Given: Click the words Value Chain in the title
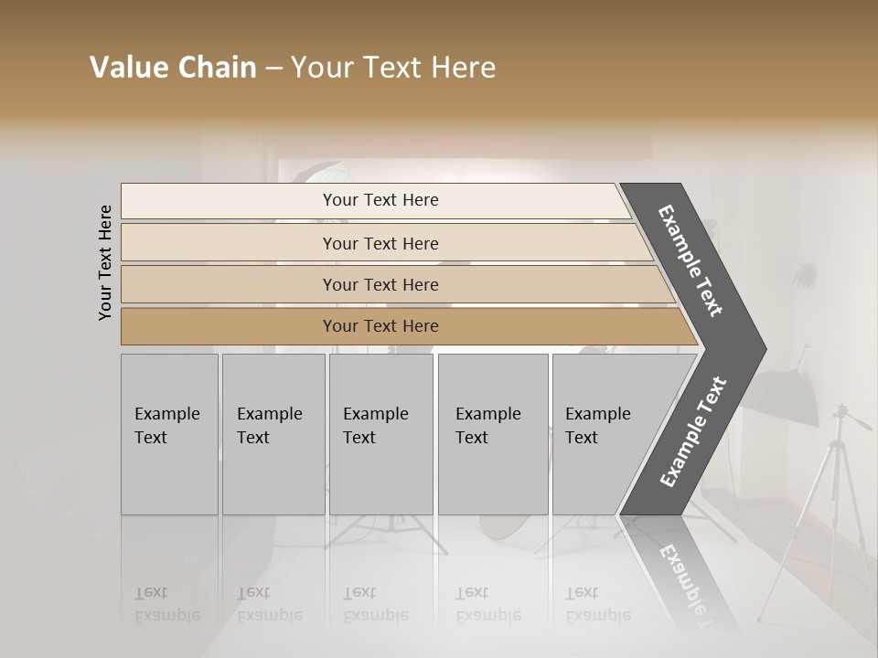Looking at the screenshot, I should click(x=173, y=68).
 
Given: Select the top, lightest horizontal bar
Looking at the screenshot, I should click(x=229, y=200).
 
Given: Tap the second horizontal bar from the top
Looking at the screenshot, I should click(x=229, y=243).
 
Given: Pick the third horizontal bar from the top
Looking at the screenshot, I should click(x=229, y=284).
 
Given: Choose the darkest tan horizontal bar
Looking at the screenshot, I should click(x=229, y=326).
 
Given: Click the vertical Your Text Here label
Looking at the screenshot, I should click(x=105, y=262).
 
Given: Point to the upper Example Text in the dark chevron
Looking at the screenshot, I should click(x=691, y=260).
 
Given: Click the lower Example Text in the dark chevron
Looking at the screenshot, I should click(x=693, y=431).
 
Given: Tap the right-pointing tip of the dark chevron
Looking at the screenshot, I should click(x=761, y=349).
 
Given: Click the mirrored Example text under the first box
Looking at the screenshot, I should click(x=166, y=604).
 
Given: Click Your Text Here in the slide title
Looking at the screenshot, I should click(x=393, y=68).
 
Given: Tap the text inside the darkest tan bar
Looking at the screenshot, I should click(x=380, y=326).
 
